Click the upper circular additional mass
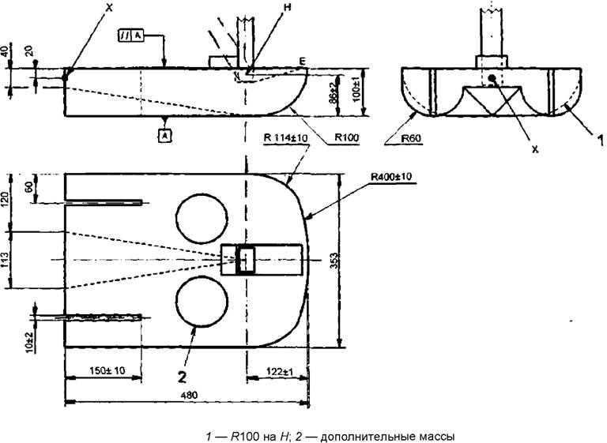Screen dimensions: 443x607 [x=199, y=213]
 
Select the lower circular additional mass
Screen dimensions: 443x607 [x=199, y=303]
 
